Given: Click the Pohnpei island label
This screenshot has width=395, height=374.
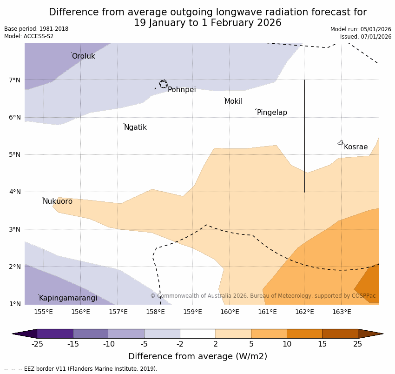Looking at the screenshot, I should point(182,90).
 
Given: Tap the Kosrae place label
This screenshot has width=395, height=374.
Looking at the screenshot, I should point(355,147).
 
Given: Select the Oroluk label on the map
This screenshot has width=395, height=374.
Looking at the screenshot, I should point(83,56).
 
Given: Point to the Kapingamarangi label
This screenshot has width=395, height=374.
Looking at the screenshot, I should point(68,298).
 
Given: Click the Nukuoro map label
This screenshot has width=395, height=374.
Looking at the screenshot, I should point(58,201).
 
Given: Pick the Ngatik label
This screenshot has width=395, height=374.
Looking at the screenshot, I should point(135,127).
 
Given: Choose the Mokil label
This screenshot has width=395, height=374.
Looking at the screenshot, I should point(233,101).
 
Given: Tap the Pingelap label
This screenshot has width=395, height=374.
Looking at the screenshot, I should point(272,113).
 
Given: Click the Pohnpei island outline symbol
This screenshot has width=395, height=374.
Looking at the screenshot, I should point(163,84).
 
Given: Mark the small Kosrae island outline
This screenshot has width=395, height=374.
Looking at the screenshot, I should point(341,143).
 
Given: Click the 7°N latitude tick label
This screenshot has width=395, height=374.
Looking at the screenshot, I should point(15,80).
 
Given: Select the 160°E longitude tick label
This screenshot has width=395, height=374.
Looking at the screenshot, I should point(230,312).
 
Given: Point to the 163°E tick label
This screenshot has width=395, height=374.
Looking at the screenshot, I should point(342,312).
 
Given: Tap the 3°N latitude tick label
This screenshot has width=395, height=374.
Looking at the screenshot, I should point(15,229).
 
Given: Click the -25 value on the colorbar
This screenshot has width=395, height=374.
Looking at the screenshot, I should point(37,344).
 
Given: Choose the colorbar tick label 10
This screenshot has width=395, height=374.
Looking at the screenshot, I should point(287,344).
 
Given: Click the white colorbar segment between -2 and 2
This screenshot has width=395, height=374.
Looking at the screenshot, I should point(197,334).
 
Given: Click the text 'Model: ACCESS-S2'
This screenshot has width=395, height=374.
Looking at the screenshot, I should point(29,36).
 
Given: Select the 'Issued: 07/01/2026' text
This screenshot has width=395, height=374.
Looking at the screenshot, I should point(365,37).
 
